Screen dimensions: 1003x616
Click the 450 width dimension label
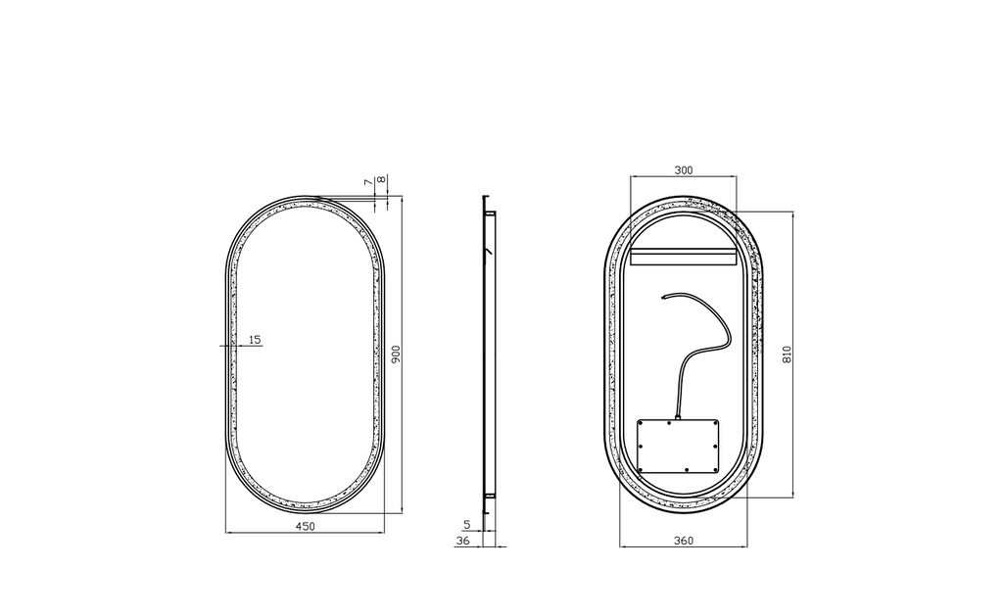306,527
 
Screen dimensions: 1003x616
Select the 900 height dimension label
396,355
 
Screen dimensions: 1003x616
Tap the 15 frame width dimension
255,340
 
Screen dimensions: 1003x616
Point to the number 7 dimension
368,182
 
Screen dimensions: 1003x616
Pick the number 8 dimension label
381,180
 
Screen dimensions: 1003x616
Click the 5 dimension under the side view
467,525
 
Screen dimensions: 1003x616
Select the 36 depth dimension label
462,541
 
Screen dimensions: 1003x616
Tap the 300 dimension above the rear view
683,170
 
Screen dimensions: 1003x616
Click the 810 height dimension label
787,355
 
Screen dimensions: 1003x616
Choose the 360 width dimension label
683,541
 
